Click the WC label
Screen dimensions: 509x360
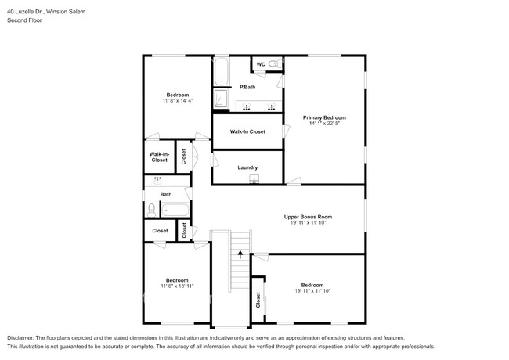pos(261,64)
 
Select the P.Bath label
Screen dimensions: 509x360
pos(247,87)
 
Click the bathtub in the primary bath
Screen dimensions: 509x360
pos(222,72)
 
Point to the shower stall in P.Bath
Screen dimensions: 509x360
pos(221,99)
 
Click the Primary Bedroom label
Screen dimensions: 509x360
pos(324,117)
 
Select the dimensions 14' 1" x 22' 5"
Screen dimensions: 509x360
pos(324,123)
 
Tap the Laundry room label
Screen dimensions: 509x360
pos(247,167)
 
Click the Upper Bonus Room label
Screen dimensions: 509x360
pos(308,217)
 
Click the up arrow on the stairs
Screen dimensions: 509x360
pos(240,254)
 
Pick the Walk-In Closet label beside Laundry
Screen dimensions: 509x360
pos(247,131)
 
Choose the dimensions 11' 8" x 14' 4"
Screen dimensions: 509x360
pos(178,100)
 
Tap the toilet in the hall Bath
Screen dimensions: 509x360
pos(151,211)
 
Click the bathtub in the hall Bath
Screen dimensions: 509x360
pos(175,210)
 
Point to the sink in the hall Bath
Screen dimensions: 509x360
pos(157,180)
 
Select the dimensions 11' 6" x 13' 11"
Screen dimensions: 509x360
pos(177,286)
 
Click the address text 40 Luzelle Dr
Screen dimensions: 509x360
pos(24,12)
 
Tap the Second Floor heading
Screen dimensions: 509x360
pos(24,20)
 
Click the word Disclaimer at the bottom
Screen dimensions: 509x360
pos(20,338)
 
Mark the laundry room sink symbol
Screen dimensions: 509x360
pos(254,178)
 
